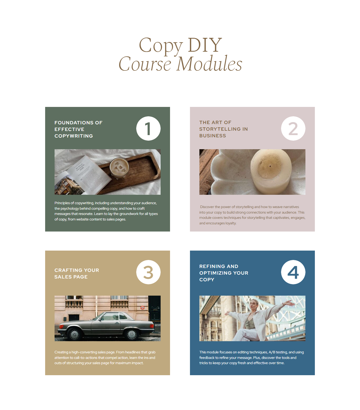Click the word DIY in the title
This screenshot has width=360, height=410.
point(204,45)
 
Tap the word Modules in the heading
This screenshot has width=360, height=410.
point(209,64)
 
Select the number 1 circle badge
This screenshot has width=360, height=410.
point(148,128)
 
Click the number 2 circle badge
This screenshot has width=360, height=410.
point(293,128)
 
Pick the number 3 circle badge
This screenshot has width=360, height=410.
point(148,272)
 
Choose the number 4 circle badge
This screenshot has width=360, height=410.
point(293,272)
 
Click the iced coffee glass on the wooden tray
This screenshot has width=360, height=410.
point(119,168)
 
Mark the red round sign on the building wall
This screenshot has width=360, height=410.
point(142,307)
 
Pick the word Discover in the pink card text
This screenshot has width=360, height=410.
point(207,207)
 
